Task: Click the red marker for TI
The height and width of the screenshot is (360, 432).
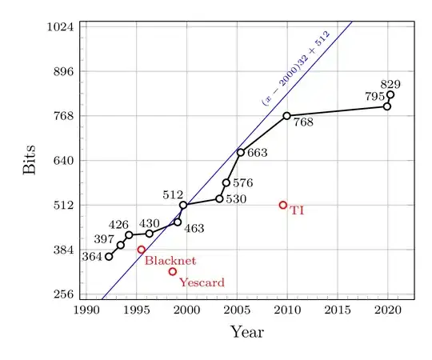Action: [283, 205]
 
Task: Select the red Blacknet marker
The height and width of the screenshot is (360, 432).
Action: [142, 250]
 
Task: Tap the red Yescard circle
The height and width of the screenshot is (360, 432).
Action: [173, 272]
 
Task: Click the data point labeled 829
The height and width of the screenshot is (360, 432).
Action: [390, 95]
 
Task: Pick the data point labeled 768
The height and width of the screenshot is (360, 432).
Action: [286, 116]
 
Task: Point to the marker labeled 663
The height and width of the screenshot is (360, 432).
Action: [240, 152]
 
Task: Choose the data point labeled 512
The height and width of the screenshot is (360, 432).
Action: [183, 206]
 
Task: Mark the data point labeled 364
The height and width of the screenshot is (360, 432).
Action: [109, 256]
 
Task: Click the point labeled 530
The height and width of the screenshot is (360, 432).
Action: [219, 198]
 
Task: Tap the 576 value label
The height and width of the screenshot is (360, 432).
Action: [242, 183]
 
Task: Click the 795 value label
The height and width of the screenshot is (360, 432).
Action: [374, 97]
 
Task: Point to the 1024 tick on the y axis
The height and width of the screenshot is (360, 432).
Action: [61, 26]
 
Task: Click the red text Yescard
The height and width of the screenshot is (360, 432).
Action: [202, 282]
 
